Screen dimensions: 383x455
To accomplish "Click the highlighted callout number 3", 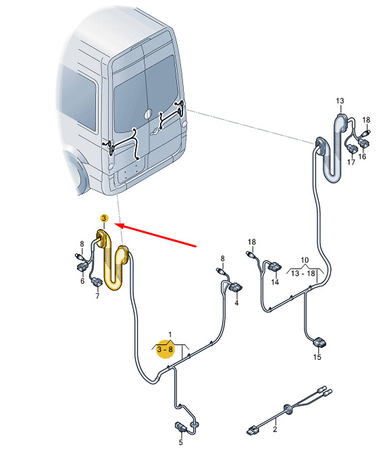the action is [104, 218].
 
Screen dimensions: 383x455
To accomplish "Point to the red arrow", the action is [156, 236].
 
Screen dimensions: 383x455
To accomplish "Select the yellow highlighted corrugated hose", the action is [113, 259].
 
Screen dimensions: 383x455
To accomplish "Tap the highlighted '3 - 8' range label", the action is [165, 349].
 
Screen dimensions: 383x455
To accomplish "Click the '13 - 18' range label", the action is [303, 274].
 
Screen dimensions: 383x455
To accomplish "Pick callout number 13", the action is [340, 101].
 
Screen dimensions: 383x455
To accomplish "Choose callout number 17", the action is [351, 162].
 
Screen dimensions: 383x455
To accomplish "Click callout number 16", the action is [362, 156].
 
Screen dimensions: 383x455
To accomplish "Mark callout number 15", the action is [317, 357].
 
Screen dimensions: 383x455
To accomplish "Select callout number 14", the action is [275, 282].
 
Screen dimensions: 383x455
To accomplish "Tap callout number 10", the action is [305, 260].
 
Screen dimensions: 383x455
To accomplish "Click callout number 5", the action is [180, 442].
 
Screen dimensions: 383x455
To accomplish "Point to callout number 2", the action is [275, 429].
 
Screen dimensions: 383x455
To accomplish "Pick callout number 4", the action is [236, 303].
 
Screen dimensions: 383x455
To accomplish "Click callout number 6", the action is [82, 281].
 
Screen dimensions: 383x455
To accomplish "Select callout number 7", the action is [97, 296].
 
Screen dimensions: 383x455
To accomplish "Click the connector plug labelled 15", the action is [320, 342].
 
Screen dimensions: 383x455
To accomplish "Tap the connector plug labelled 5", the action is [180, 427].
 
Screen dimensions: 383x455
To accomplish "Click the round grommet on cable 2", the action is [288, 408].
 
